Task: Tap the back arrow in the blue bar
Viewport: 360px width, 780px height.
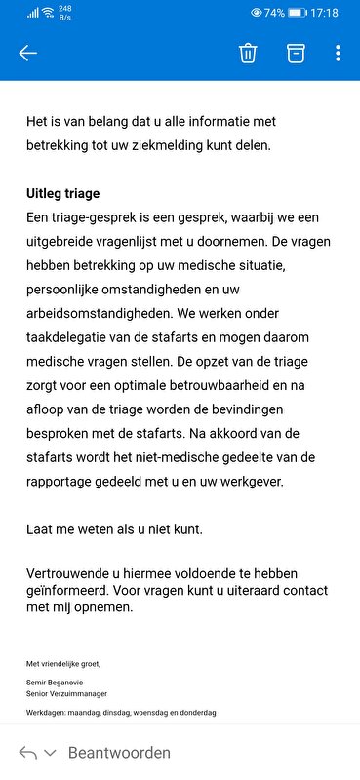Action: point(27,53)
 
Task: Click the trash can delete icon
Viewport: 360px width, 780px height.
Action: point(248,53)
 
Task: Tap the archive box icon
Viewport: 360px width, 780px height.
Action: point(295,53)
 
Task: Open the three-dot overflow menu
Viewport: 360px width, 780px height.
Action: point(338,53)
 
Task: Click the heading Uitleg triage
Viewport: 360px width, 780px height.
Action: point(63,193)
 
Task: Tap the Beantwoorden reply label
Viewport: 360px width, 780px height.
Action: point(119,753)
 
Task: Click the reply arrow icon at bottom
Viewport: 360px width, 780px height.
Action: point(28,753)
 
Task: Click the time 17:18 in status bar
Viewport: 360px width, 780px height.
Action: point(325,13)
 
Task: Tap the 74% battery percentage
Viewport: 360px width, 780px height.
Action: point(273,13)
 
